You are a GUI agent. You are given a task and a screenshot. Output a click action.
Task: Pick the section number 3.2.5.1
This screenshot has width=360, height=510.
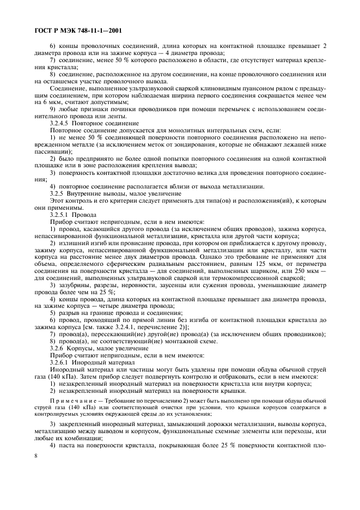coord(61,215)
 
